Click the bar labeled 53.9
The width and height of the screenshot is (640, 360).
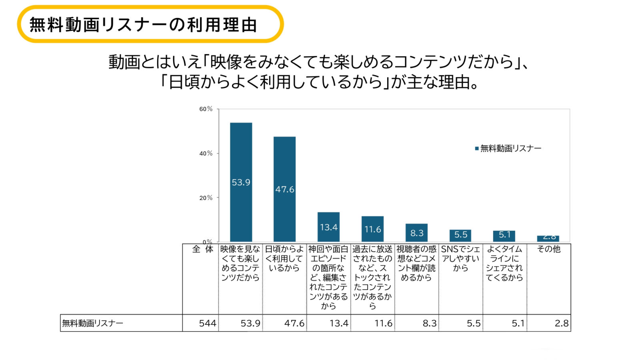click(241, 182)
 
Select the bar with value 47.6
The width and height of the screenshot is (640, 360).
click(284, 189)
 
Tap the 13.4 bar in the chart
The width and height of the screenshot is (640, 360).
click(328, 227)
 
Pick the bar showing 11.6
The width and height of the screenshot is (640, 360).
click(372, 229)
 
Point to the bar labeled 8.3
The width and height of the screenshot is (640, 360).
click(416, 232)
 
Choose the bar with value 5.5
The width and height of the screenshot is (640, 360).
click(460, 235)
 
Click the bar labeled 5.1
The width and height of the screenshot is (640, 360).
click(504, 236)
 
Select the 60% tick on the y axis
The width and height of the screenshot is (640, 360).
click(206, 109)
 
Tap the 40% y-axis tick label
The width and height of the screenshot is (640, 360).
click(206, 153)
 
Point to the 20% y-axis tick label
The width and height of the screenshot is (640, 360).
click(206, 198)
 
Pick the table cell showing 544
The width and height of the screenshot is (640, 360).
click(208, 323)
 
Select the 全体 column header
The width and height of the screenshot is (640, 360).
click(202, 249)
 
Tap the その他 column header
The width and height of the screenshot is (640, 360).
click(548, 249)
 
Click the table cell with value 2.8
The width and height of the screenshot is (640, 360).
click(561, 323)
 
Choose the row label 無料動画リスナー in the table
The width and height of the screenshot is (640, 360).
click(93, 323)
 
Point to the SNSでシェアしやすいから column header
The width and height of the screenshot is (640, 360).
click(460, 258)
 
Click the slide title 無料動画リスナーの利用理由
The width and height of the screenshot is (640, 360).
click(143, 25)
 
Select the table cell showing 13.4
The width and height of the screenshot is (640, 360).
click(339, 323)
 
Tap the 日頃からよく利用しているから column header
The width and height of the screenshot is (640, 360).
click(284, 258)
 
